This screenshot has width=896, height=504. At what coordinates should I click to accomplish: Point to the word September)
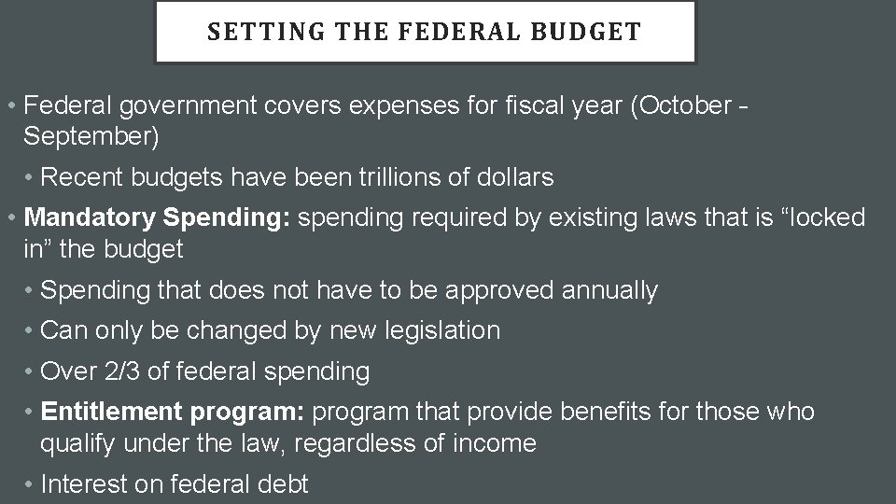point(91,136)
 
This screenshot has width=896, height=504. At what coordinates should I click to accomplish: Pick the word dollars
point(511,176)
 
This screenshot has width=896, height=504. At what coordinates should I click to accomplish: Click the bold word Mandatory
point(90,217)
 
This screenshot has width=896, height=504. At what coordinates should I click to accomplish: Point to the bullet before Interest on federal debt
point(32,483)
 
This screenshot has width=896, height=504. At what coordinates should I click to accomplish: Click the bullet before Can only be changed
point(32,330)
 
